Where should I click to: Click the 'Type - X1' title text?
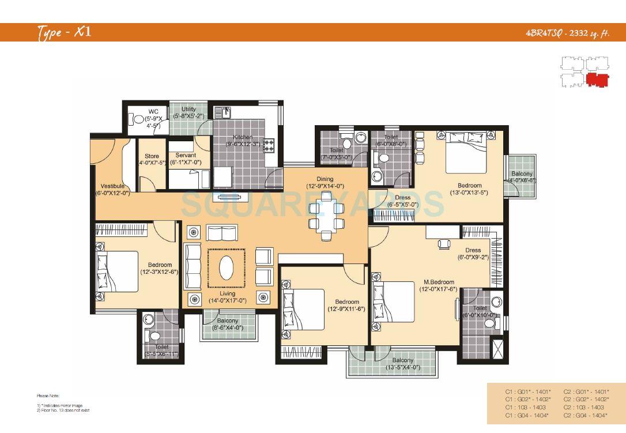64,32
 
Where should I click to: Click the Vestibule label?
112,186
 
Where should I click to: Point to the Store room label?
152,156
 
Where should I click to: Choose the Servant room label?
185,156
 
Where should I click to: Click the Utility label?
188,109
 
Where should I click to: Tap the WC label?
153,112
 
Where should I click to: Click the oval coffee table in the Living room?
227,269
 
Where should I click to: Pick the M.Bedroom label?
438,282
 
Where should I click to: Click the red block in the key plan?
597,80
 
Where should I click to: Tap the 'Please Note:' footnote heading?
48,396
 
